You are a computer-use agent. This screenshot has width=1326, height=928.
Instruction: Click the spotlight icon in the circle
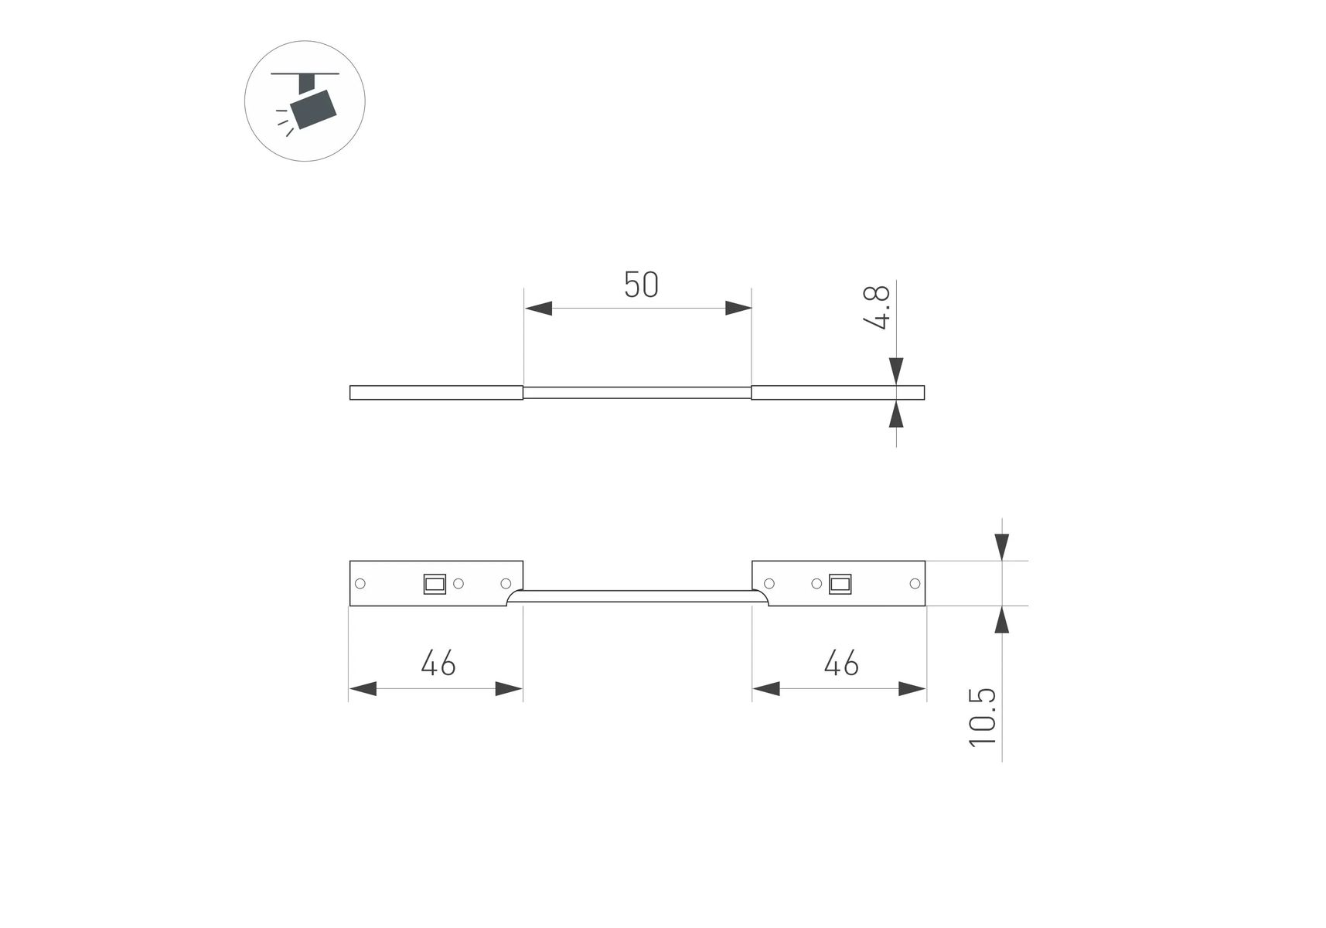pyautogui.click(x=305, y=101)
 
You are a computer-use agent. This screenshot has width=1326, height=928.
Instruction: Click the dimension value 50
pyautogui.click(x=641, y=285)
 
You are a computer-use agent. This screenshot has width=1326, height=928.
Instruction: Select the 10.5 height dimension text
pyautogui.click(x=983, y=718)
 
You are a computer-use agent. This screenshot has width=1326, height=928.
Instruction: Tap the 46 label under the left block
pyautogui.click(x=438, y=664)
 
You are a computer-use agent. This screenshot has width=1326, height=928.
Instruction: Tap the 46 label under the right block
pyautogui.click(x=841, y=664)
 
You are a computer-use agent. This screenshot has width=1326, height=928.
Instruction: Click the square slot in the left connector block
pyautogui.click(x=435, y=584)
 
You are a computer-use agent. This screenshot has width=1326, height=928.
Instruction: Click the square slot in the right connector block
pyautogui.click(x=840, y=584)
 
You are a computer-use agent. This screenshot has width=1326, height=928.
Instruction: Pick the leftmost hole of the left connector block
pyautogui.click(x=360, y=583)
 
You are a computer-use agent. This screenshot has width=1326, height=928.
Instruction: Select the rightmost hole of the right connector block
pyautogui.click(x=915, y=583)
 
